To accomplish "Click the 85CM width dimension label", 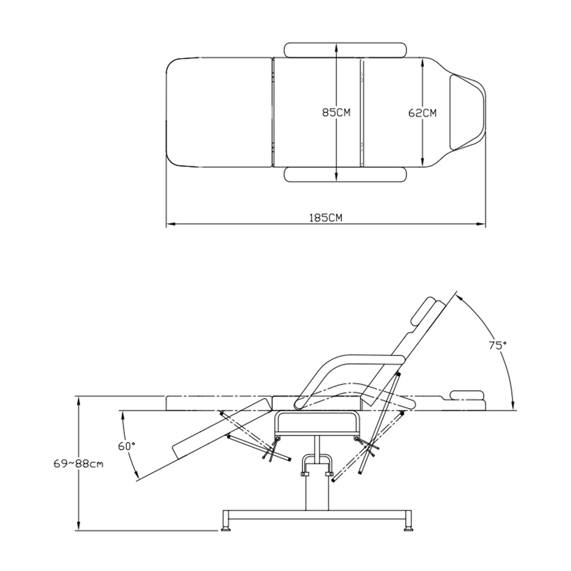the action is click(x=336, y=113).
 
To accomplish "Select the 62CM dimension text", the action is click(x=422, y=113).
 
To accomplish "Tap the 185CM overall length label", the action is click(x=326, y=218).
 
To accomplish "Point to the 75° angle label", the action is click(x=498, y=345).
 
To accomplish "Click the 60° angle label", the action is click(x=127, y=446).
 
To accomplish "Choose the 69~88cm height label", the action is click(x=78, y=464).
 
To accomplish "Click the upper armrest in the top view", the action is click(x=345, y=50).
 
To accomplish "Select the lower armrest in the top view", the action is click(x=345, y=174).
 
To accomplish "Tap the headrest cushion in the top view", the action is click(x=467, y=112).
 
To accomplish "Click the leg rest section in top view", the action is click(x=219, y=112).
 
